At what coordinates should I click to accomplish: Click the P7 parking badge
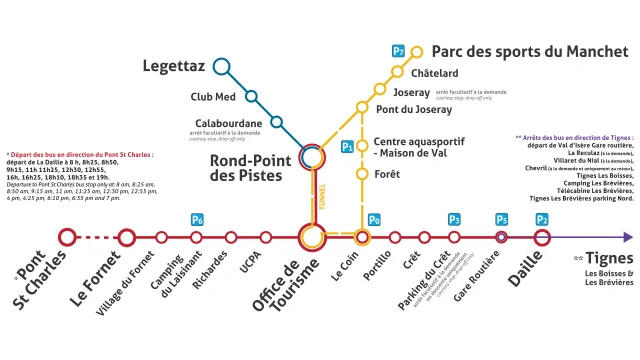coord(398,51)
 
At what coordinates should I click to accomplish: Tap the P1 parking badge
coord(347,147)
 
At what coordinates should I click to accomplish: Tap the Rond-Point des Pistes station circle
coord(311,155)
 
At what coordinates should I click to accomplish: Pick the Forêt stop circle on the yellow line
coord(362,174)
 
